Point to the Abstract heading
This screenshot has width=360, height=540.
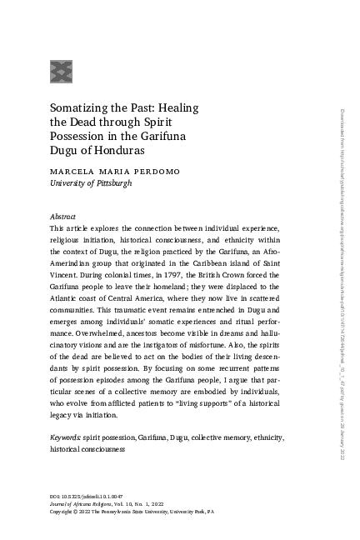[63, 215]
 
